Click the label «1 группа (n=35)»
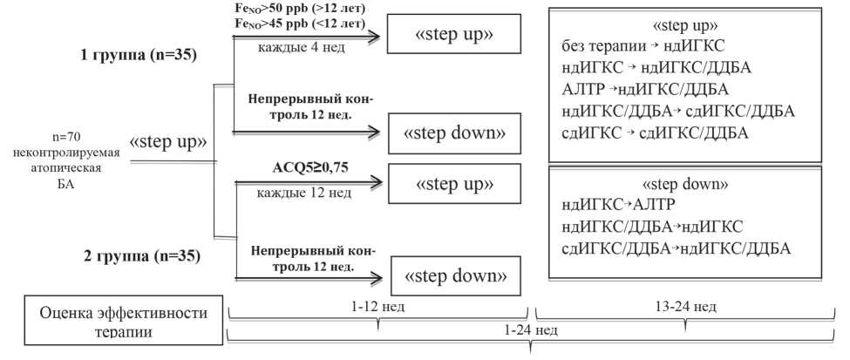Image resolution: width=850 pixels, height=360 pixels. pyautogui.click(x=138, y=56)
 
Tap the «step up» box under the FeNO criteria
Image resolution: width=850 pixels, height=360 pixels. pyautogui.click(x=454, y=35)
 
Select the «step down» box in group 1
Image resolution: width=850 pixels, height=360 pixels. pyautogui.click(x=454, y=133)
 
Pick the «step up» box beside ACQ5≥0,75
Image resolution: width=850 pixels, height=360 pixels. pyautogui.click(x=454, y=184)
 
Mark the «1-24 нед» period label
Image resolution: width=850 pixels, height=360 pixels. pyautogui.click(x=532, y=332)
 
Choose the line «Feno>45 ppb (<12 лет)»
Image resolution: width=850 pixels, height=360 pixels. pyautogui.click(x=300, y=24)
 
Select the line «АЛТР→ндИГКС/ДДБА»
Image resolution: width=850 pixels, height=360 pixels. pyautogui.click(x=646, y=90)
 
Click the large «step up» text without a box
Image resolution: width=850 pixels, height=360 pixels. pyautogui.click(x=168, y=141)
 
